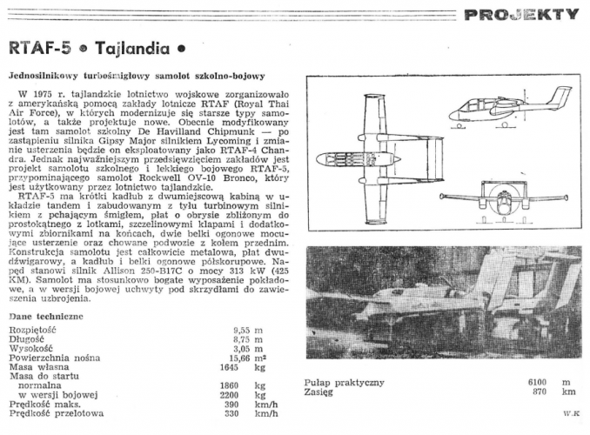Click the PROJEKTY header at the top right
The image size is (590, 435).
pyautogui.click(x=520, y=14)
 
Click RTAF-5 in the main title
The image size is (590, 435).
pyautogui.click(x=38, y=49)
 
